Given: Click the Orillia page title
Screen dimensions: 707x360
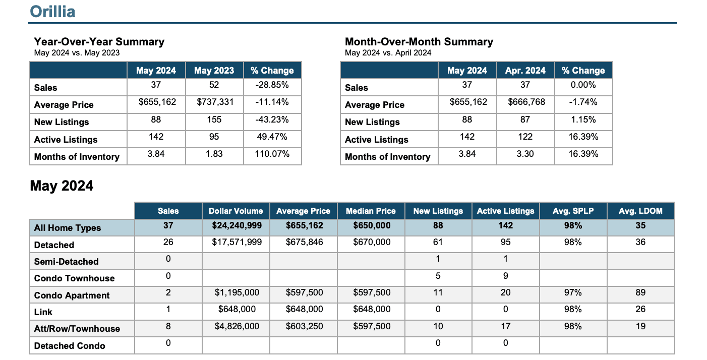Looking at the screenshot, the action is pos(52,12).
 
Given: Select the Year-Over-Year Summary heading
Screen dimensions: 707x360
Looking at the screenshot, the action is pos(99,42).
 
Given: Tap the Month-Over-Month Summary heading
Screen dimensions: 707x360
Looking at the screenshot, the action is pos(419,42).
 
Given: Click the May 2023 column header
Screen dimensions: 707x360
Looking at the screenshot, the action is pos(214,71).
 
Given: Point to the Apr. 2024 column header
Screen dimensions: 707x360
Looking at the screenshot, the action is pos(525,71).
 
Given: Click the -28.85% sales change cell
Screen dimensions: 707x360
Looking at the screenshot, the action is pos(272,85).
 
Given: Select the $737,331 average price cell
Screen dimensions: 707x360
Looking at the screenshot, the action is pos(215,102).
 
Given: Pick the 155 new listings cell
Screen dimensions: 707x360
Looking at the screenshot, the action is pos(214,119).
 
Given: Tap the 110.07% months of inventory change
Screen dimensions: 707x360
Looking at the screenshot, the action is pos(272,154).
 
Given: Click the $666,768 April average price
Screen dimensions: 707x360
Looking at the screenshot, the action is pos(526,102).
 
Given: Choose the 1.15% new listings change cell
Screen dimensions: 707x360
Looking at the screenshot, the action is pos(583,119).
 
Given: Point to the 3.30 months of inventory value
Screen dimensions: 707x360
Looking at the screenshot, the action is pos(525,154).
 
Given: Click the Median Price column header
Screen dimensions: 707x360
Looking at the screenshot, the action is pos(371,211).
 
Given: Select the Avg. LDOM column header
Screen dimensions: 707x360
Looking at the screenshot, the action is pos(640,211).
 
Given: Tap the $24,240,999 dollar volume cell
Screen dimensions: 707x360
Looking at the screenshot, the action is pos(237,225).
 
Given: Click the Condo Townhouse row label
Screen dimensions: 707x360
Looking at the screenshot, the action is pos(74,278).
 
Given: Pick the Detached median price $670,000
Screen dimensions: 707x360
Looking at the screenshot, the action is pos(372,242).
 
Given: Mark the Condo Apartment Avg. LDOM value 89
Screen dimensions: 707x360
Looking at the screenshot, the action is pos(640,292).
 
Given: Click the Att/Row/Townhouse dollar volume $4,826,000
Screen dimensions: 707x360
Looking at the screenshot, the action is pos(237,326).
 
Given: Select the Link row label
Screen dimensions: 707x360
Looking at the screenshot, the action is pos(43,312).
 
